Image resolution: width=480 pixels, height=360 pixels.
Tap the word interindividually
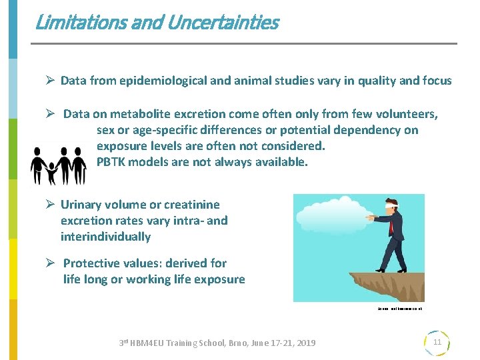(x=105, y=237)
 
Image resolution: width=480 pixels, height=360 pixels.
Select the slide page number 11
(x=437, y=342)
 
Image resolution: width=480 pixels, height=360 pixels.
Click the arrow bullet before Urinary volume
(x=49, y=205)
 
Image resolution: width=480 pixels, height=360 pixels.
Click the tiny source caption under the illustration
(x=399, y=309)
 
